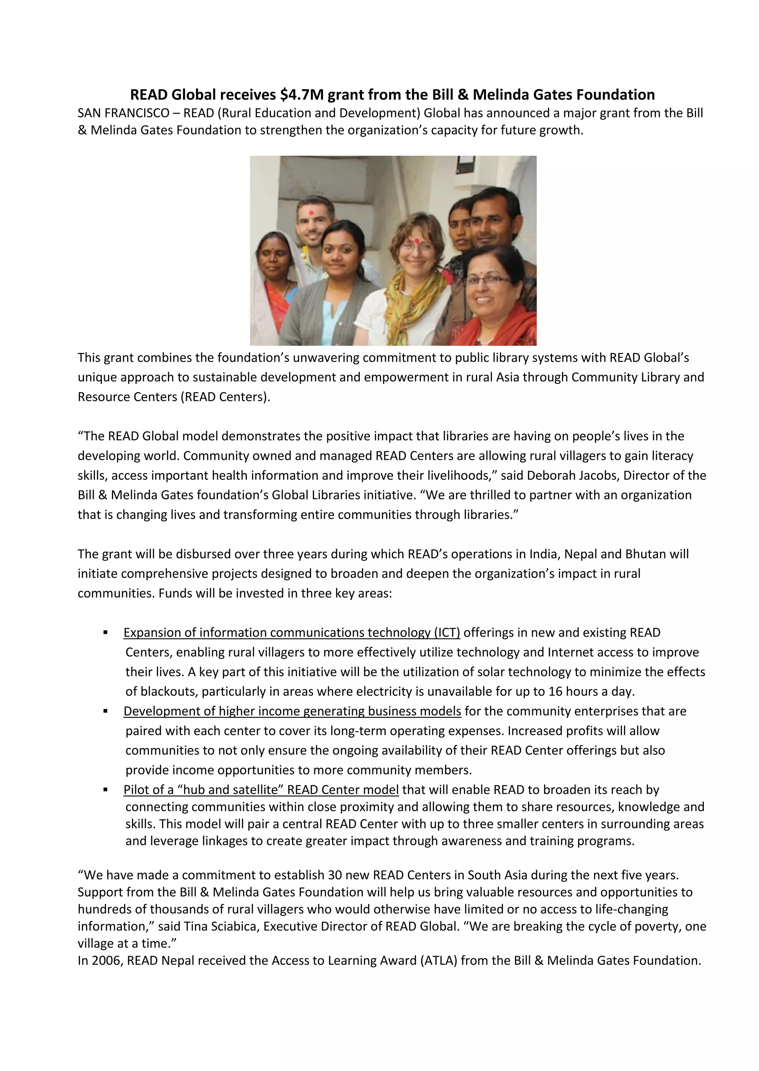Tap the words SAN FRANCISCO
point(123,113)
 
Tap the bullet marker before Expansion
point(106,633)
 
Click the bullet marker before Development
point(106,711)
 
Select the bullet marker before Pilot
point(106,790)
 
